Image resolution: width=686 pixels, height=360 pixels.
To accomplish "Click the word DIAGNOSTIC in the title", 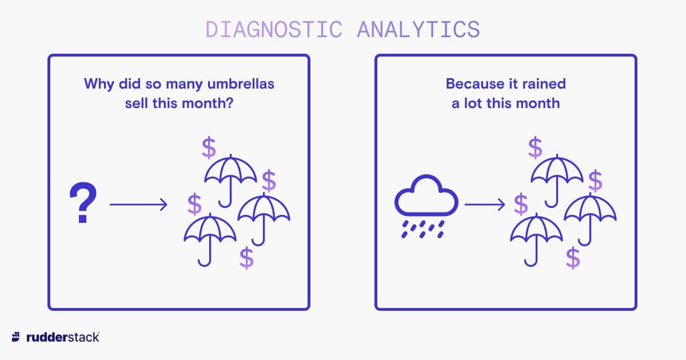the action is [x=274, y=30].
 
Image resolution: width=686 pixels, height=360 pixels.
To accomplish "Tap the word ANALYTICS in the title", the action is [x=418, y=30].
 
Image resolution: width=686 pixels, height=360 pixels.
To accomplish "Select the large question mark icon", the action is [x=83, y=202].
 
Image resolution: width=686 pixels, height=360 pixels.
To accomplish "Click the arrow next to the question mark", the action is [x=138, y=204].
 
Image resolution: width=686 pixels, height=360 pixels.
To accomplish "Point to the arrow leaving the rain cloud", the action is [x=485, y=204].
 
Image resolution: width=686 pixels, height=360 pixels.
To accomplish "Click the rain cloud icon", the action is [x=426, y=206].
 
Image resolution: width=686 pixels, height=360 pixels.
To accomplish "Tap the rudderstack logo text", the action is [x=63, y=337].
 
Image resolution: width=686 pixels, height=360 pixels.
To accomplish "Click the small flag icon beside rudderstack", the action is [x=16, y=337].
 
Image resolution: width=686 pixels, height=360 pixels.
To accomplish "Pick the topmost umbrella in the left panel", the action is [x=230, y=181].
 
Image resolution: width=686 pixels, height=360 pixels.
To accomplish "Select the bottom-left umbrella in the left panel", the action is [x=210, y=239].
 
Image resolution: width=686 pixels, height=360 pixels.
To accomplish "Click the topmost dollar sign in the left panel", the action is [x=209, y=147].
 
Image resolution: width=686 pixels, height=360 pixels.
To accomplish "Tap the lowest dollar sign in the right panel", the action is [x=573, y=258].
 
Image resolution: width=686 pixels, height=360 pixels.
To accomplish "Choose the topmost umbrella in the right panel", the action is [x=557, y=181].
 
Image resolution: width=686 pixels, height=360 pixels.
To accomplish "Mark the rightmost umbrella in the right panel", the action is [x=591, y=219].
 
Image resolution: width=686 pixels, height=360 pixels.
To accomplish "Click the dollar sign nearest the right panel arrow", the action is [x=521, y=204].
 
